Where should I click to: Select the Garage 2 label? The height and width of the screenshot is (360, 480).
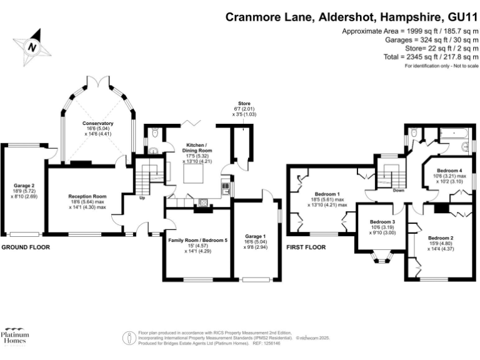click(x=24, y=186)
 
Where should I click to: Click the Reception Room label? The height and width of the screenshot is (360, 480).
click(x=87, y=196)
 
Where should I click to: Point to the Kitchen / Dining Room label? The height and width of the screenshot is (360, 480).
click(x=197, y=147)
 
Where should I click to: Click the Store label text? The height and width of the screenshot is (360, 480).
click(x=244, y=103)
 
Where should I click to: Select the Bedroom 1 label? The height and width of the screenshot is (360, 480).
click(x=327, y=193)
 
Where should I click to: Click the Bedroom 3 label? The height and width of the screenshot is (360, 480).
click(x=382, y=222)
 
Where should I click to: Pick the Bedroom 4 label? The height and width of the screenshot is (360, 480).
click(x=449, y=171)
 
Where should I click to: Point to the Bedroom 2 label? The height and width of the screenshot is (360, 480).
click(x=441, y=238)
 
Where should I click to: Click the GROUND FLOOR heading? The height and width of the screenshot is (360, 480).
click(x=26, y=247)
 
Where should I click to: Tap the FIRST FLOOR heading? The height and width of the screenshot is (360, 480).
click(x=306, y=247)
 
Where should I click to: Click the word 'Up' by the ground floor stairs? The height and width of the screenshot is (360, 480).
click(x=142, y=198)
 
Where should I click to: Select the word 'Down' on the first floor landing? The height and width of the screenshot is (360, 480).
click(x=399, y=191)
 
